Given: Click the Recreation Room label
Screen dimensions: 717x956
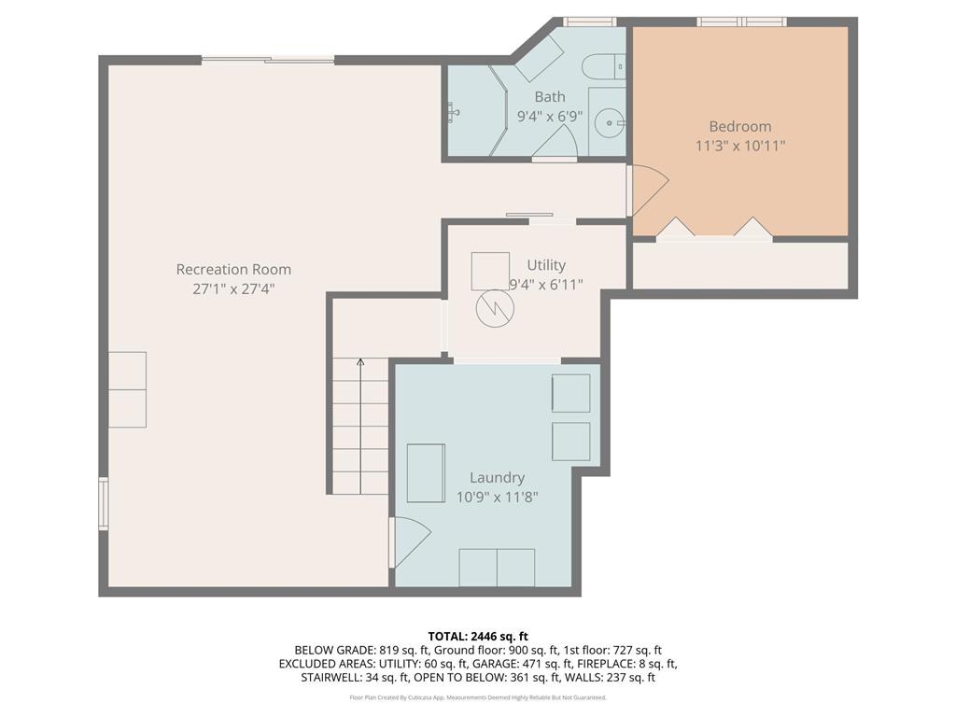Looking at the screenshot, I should coord(233,270).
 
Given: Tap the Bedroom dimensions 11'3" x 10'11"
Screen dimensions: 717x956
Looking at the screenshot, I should coord(740,146).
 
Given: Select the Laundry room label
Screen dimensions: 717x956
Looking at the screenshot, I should coord(497,477).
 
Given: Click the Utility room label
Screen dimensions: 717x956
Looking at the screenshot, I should coord(546,265).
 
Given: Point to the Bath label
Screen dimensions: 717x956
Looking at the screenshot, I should coord(550,96).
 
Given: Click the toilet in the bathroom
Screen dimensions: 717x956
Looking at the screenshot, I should coord(602,66).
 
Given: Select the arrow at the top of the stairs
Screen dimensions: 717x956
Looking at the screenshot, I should coord(360,362).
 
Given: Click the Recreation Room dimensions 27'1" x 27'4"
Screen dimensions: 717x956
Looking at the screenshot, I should coord(233,289).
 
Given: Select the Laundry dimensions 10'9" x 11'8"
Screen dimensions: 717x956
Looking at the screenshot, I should coord(497,497).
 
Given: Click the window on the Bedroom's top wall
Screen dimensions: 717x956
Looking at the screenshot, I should coord(742,21).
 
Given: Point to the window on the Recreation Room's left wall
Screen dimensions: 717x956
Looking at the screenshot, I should coord(104,504).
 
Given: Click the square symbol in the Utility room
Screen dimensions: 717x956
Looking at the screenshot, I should coord(490,271).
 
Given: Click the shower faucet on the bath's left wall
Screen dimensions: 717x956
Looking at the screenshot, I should coord(455,112).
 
